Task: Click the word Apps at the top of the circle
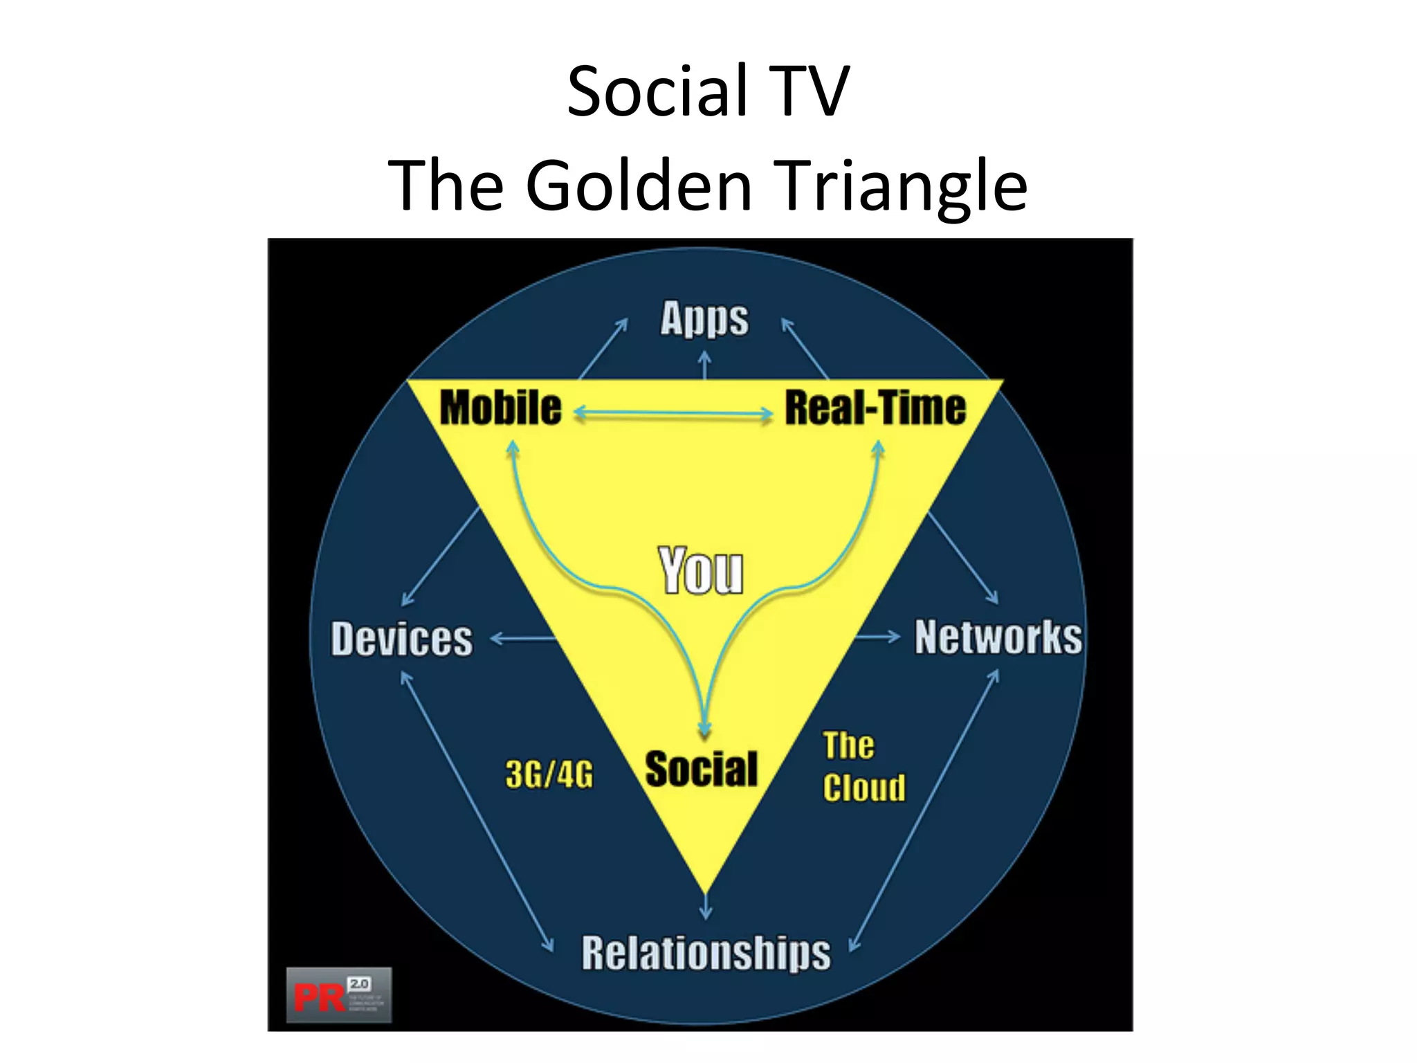pyautogui.click(x=704, y=319)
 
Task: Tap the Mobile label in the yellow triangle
pyautogui.click(x=500, y=408)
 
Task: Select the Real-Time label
pyautogui.click(x=875, y=408)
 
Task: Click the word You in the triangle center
pyautogui.click(x=701, y=571)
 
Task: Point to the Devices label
pyautogui.click(x=402, y=639)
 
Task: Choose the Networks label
pyautogui.click(x=998, y=637)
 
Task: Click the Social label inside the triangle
pyautogui.click(x=701, y=770)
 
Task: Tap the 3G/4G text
pyautogui.click(x=549, y=774)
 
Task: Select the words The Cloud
pyautogui.click(x=863, y=767)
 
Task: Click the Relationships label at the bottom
pyautogui.click(x=706, y=953)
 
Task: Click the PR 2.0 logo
pyautogui.click(x=339, y=995)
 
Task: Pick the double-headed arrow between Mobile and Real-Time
pyautogui.click(x=673, y=414)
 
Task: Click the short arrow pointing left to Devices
pyautogui.click(x=523, y=639)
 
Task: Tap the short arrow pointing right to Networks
pyautogui.click(x=877, y=636)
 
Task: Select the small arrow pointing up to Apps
pyautogui.click(x=704, y=365)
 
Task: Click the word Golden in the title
pyautogui.click(x=639, y=185)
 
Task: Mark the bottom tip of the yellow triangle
pyautogui.click(x=706, y=891)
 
